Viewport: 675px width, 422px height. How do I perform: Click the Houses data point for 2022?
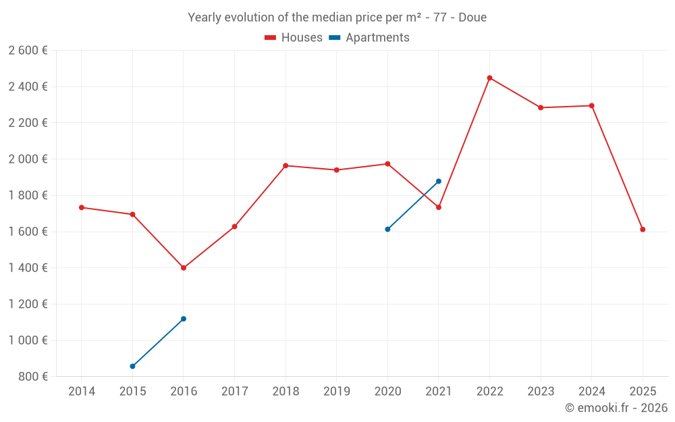pos(489,78)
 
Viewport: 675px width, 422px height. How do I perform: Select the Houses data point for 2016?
pos(184,268)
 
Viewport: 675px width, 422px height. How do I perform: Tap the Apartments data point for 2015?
pos(132,367)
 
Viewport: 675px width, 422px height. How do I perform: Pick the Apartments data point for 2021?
pos(439,181)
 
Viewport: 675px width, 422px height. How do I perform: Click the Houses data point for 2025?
pos(643,230)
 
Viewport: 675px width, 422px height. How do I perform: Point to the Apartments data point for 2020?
pos(387,230)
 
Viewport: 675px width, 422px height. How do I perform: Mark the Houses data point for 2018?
pos(286,165)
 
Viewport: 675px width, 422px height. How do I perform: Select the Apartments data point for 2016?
pos(184,319)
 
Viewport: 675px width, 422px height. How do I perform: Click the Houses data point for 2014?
pos(82,207)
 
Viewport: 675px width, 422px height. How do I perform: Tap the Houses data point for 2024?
pos(591,105)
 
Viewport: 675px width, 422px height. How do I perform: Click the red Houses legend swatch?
pos(270,38)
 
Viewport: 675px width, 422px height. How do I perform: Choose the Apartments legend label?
pos(377,38)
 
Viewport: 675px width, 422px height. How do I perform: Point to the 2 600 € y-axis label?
pos(28,51)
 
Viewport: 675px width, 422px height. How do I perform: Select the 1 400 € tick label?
pos(28,268)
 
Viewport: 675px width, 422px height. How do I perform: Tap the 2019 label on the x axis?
pos(337,392)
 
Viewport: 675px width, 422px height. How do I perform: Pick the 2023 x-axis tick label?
pos(541,392)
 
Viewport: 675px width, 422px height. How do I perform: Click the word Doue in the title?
pos(473,18)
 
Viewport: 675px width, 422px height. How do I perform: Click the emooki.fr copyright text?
pos(616,408)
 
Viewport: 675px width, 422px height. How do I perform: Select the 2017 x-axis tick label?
pos(234,392)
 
